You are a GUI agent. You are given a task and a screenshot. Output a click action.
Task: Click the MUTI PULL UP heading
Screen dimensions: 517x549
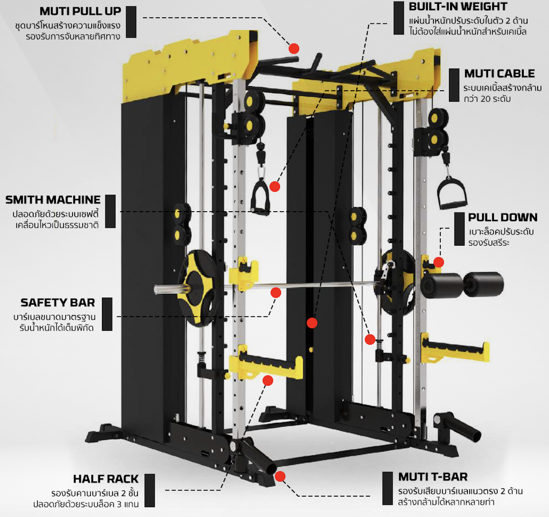coord(80,11)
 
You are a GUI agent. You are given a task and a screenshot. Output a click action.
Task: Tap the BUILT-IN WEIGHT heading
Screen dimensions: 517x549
coord(458,7)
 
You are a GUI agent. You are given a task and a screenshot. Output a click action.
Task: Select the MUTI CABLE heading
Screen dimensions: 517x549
coord(499,73)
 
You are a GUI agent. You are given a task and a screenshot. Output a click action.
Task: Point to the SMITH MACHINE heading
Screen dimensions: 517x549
coord(53,200)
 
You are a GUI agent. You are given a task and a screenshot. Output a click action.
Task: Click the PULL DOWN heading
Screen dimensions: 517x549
coord(502,217)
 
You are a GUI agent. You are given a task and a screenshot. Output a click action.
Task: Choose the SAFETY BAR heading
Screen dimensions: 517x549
coord(57,303)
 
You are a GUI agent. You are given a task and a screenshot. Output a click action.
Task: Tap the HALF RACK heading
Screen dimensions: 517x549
coord(106,479)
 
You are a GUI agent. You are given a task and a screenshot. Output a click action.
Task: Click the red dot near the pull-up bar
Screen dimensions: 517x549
coord(294,48)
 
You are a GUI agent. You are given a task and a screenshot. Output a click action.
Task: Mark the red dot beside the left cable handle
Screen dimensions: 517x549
coord(274,186)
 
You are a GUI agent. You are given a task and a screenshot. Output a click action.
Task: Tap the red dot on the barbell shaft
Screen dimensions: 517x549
coord(276,293)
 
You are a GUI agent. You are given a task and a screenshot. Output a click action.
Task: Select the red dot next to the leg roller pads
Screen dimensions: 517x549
coord(438,262)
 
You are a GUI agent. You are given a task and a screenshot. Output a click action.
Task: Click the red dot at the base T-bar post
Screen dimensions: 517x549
coord(280,476)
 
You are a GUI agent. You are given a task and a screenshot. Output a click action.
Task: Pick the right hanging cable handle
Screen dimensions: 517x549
coord(452,193)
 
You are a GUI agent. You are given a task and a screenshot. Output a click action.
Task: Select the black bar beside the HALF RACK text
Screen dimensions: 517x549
coord(150,490)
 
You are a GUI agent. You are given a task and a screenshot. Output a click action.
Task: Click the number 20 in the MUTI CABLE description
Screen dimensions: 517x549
coord(487,99)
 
